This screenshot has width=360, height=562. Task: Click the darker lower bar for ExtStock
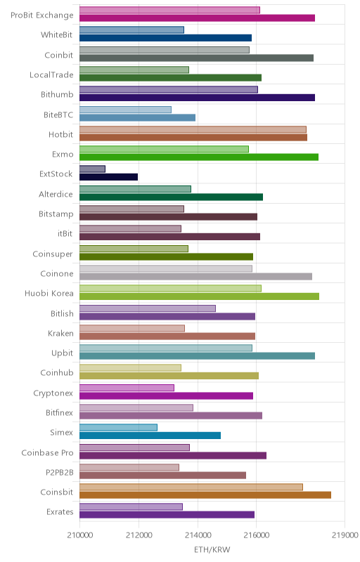coord(109,177)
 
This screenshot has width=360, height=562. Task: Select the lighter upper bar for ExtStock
coord(93,169)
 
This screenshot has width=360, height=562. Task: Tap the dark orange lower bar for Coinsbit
coord(205,495)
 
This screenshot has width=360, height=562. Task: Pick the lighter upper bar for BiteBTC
coord(125,110)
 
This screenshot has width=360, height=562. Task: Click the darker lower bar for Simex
coord(150,436)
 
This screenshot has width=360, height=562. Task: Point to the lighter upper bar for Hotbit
coord(193,129)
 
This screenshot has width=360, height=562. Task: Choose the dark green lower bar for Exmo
coord(199,157)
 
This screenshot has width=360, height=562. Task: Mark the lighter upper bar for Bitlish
coord(148,308)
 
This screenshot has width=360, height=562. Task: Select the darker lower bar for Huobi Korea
coord(200,296)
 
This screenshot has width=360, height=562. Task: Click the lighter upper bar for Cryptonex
coord(127,388)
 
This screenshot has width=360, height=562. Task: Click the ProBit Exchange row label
coord(42,15)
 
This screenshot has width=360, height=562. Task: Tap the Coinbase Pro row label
coord(47,452)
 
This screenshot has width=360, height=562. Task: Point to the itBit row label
coord(65,233)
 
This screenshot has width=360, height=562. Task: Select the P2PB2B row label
coord(60,472)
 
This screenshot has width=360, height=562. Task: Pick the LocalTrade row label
coord(51,74)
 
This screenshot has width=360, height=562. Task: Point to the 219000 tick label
coord(345,535)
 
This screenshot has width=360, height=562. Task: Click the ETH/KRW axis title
coord(212,549)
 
